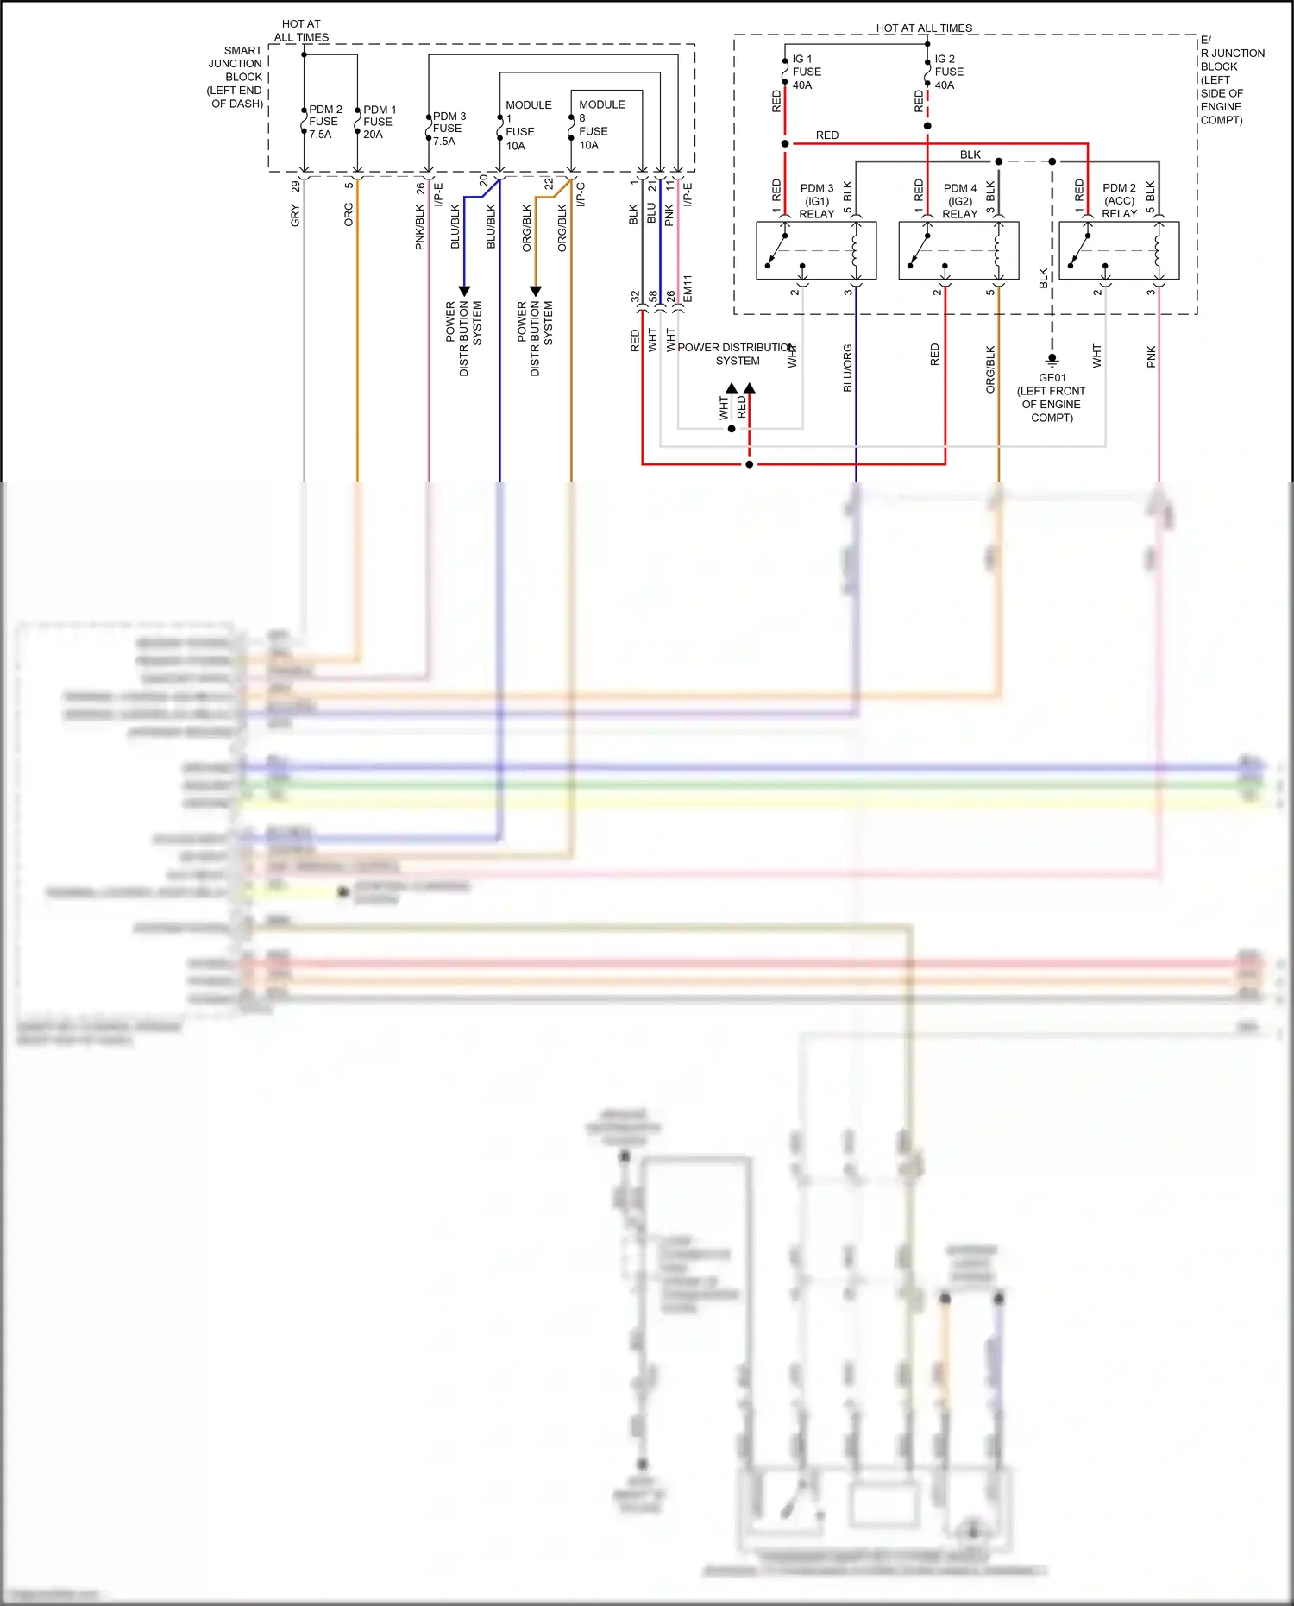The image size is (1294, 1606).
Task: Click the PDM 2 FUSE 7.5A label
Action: [x=324, y=122]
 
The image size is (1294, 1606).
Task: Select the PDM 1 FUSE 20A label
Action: [x=379, y=122]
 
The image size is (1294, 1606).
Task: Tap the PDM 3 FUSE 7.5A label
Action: [x=449, y=129]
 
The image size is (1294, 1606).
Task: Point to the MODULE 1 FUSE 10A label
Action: [x=527, y=125]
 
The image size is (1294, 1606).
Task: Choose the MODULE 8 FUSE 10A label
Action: [x=600, y=124]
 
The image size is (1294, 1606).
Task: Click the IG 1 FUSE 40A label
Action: [x=806, y=72]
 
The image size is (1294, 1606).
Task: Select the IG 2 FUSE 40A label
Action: [x=948, y=72]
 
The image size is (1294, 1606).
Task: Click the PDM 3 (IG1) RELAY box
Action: [x=816, y=250]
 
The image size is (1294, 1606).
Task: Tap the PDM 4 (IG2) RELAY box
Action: [x=958, y=250]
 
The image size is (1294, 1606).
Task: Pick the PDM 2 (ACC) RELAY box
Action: [x=1119, y=250]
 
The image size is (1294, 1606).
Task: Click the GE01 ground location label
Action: [x=1052, y=397]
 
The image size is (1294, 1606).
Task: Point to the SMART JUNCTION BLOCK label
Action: [x=236, y=77]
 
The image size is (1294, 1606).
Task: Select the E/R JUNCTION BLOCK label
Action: [x=1231, y=80]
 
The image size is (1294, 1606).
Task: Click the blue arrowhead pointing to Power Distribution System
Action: [x=464, y=291]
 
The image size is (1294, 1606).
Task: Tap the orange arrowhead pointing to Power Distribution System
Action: [x=535, y=291]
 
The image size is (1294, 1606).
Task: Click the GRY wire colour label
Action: [x=295, y=215]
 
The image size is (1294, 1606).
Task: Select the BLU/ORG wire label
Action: [x=847, y=368]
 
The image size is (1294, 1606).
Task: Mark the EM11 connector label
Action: [x=688, y=288]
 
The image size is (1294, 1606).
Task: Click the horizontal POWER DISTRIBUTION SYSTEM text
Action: [x=737, y=354]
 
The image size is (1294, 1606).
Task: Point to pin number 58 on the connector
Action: [x=653, y=296]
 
